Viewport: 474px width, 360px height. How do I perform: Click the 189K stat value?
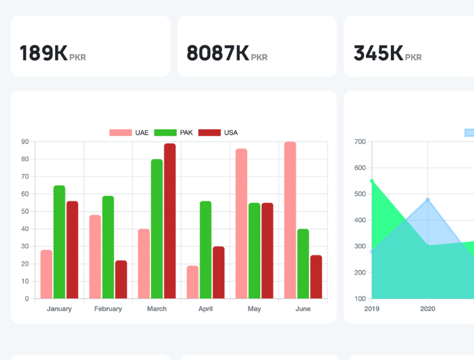43,53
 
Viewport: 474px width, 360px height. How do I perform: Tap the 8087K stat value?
218,53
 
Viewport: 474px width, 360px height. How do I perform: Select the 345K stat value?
378,53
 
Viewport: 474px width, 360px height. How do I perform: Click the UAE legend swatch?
120,133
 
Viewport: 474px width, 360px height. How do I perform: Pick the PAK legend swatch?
165,133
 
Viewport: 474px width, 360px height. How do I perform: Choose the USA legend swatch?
209,133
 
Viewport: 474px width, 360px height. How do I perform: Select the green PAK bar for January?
60,242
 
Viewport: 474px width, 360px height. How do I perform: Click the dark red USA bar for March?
170,221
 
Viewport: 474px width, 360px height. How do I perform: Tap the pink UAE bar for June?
290,220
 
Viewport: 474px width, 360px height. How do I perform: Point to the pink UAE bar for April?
193,282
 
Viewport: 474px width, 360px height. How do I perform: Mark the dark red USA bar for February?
121,279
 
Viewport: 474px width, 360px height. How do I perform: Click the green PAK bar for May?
254,250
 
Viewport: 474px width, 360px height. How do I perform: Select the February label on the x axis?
108,309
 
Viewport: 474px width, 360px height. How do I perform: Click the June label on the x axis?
303,309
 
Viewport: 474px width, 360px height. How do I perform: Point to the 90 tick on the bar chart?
25,142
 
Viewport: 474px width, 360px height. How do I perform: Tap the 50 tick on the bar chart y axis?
25,211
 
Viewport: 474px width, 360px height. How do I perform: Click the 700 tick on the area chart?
360,142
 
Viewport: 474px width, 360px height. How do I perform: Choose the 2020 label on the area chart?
428,309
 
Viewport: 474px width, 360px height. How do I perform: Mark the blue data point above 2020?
428,200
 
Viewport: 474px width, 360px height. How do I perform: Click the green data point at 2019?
372,181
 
